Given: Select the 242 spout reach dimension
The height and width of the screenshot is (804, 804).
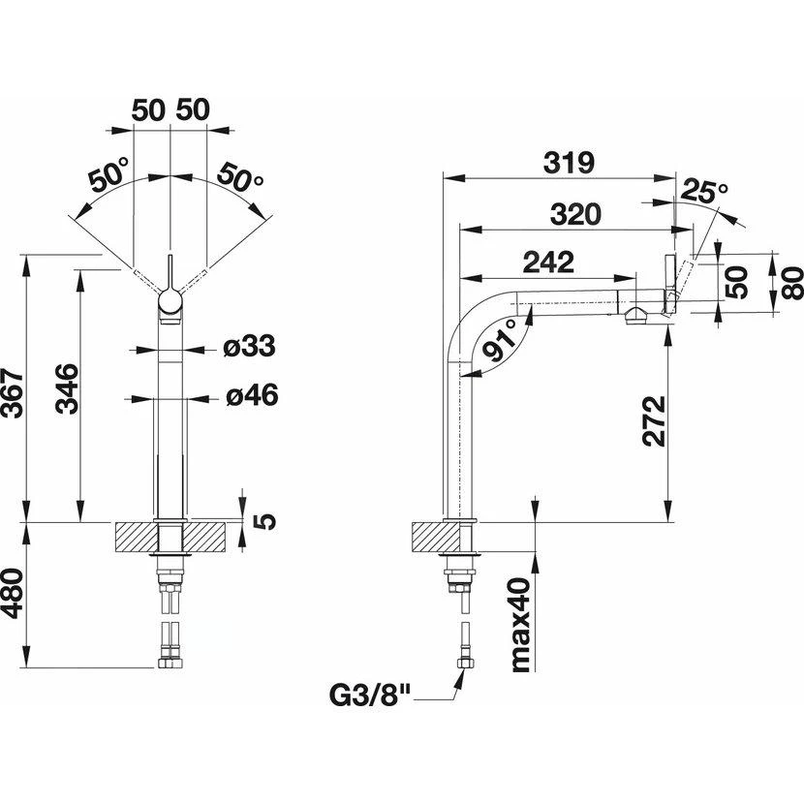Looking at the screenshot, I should click(x=546, y=262).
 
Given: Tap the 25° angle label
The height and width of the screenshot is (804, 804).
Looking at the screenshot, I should click(x=703, y=190).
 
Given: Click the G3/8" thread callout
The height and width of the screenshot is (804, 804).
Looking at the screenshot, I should click(x=373, y=696).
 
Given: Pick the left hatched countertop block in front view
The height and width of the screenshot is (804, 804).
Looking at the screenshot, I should click(x=134, y=535).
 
